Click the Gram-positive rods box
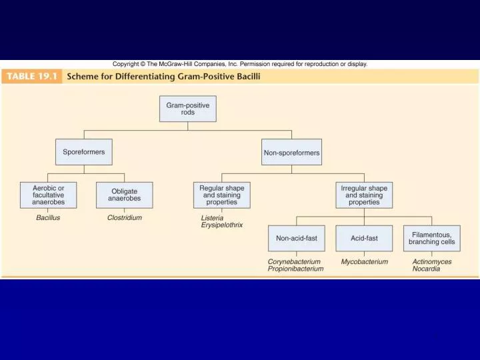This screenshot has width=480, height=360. pos(188,109)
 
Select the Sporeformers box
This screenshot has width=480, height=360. pos(83,152)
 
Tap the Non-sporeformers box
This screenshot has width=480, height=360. pos(291,153)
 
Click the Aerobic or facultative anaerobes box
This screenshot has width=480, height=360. pos(49,195)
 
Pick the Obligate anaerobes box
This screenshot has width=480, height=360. pos(124,195)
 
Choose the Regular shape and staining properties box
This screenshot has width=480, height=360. pos(221,195)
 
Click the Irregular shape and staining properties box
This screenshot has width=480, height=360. pos(364,195)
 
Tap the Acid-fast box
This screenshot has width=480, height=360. pos(364,238)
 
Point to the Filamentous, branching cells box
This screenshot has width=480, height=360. pos(431,238)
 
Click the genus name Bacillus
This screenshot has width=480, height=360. pos(48,217)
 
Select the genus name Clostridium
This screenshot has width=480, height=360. pos(124,217)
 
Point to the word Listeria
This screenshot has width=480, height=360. pos(212,217)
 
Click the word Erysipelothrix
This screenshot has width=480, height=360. pos(222,225)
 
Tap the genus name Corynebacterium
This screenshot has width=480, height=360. pos(294,261)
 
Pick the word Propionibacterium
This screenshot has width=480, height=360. pos(295,269)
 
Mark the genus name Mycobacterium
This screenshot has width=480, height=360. pos(364,261)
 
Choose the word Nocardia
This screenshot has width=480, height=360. pos(426,269)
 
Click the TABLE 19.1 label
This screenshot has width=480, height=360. pos(33,77)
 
